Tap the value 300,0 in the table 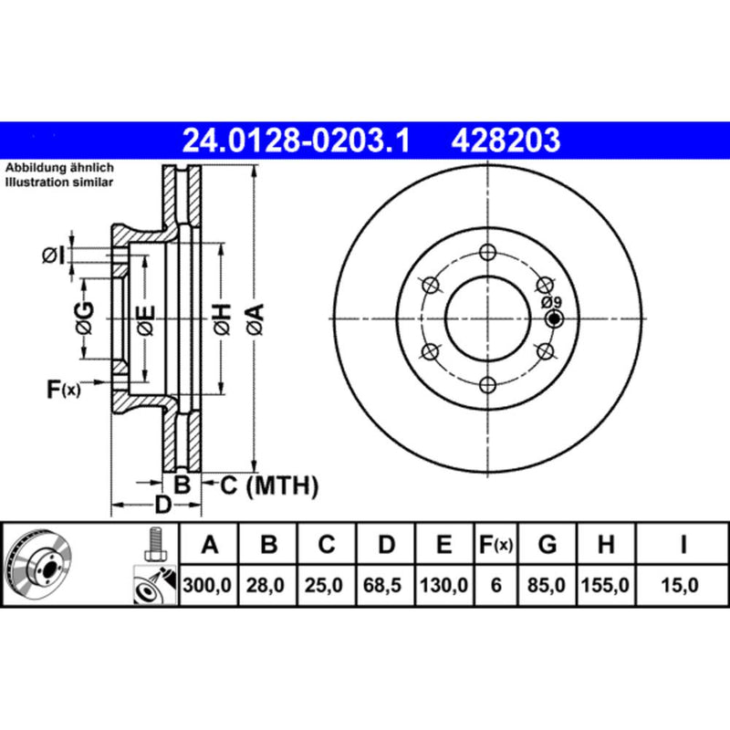pyautogui.click(x=210, y=584)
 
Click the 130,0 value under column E pyautogui.click(x=443, y=584)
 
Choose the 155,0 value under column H pyautogui.click(x=605, y=584)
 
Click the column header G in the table pyautogui.click(x=547, y=546)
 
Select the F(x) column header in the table pyautogui.click(x=495, y=546)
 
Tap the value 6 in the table pyautogui.click(x=495, y=584)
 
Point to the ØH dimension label pyautogui.click(x=221, y=318)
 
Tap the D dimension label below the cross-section pyautogui.click(x=162, y=505)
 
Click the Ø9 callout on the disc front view pyautogui.click(x=551, y=302)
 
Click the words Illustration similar pyautogui.click(x=59, y=182)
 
